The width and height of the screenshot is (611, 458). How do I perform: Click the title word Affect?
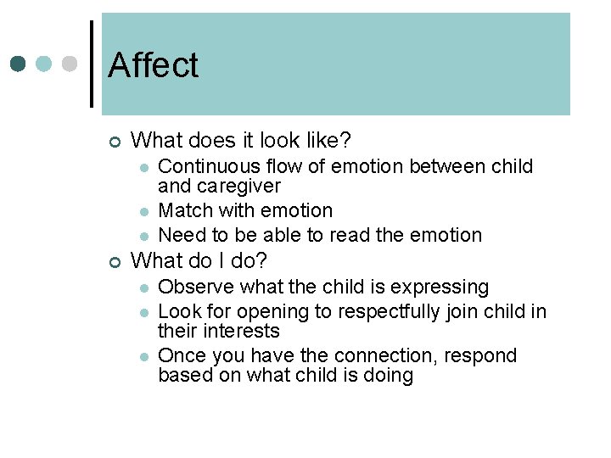pyautogui.click(x=153, y=65)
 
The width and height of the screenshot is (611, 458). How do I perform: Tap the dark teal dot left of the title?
pyautogui.click(x=19, y=64)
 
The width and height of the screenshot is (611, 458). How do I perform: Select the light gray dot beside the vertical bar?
pyautogui.click(x=70, y=64)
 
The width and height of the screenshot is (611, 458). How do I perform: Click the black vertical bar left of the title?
pyautogui.click(x=91, y=64)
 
